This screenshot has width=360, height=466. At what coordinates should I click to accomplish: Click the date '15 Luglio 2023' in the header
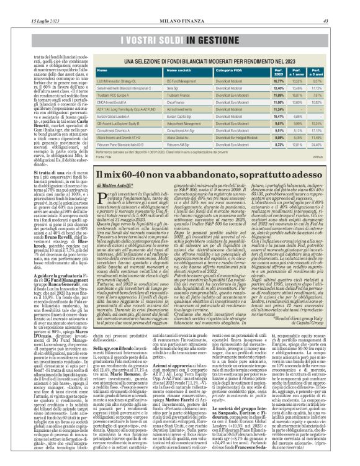(x=23, y=5)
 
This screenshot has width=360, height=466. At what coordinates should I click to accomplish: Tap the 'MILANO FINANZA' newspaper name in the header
(x=181, y=5)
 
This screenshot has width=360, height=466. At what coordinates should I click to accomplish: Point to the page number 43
(x=352, y=5)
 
